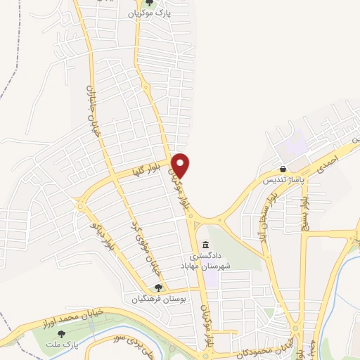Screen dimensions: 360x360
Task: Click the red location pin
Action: coord(181,165)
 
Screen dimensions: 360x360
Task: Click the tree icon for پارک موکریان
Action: coord(148,3)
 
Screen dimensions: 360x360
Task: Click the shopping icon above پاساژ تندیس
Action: coord(283,169)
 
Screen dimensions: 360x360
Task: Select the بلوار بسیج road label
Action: coord(304,203)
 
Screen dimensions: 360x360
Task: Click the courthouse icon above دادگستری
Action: coord(205,245)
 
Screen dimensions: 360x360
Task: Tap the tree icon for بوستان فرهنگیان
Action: coord(159,288)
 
